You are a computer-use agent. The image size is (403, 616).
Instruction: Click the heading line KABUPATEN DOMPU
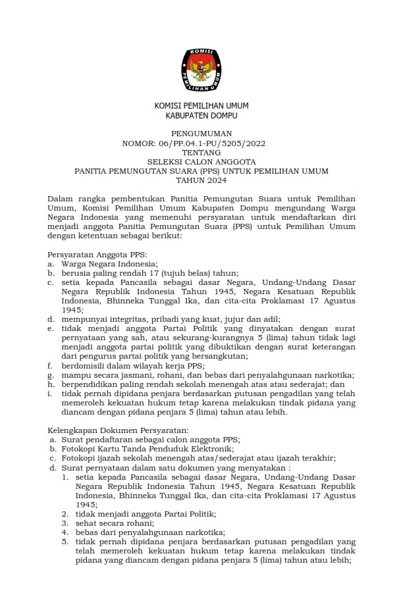(x=201, y=116)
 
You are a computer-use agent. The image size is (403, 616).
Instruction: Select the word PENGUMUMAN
(x=201, y=133)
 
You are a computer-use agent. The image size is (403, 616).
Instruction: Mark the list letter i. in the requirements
(x=50, y=393)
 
